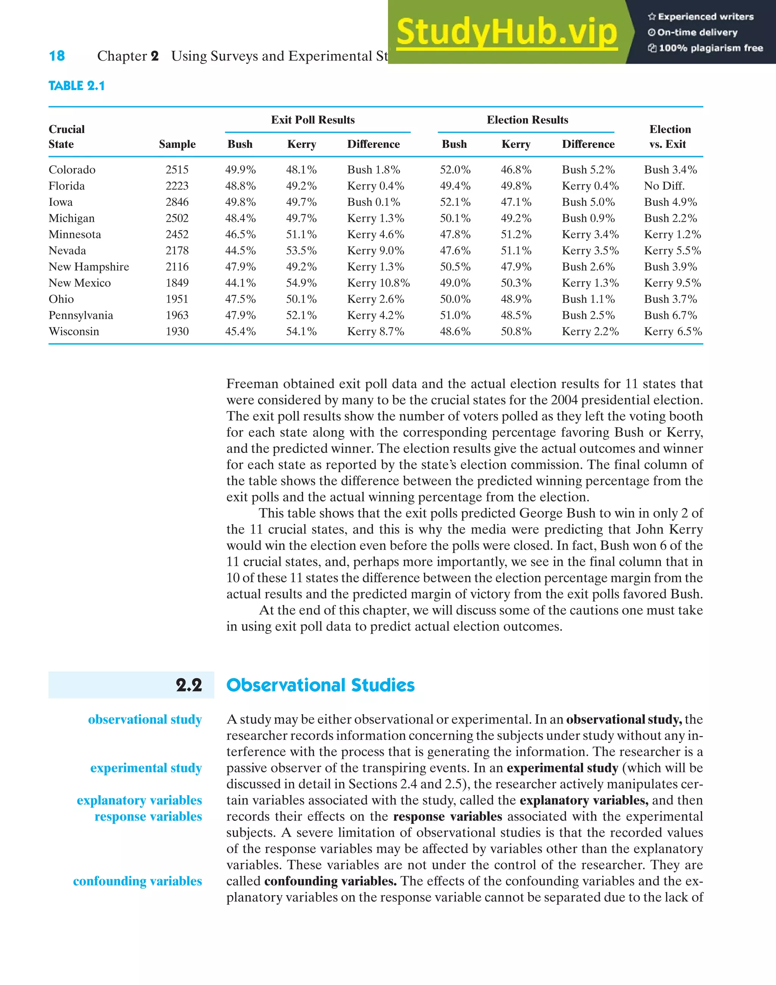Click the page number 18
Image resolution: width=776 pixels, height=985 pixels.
57,56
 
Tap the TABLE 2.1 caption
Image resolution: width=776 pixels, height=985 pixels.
76,86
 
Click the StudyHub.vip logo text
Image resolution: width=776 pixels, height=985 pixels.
507,32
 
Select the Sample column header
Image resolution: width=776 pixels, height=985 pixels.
177,144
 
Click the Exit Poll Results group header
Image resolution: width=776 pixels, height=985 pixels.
313,120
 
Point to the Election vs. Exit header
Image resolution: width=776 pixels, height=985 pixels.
670,136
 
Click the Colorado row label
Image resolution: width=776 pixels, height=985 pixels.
72,169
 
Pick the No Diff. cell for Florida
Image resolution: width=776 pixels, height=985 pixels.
664,186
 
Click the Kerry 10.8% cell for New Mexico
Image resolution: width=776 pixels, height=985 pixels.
378,283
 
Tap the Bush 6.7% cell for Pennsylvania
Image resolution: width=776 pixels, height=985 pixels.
670,315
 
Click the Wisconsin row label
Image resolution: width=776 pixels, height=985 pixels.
74,331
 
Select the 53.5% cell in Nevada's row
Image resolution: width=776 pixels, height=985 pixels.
301,251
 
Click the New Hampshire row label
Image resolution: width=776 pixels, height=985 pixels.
89,267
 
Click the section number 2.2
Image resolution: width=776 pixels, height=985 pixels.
189,685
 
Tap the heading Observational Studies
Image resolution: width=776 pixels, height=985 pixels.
320,685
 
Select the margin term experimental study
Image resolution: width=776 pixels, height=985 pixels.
146,768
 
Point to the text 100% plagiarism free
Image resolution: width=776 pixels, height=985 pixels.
710,48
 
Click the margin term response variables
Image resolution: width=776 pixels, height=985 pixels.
148,816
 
